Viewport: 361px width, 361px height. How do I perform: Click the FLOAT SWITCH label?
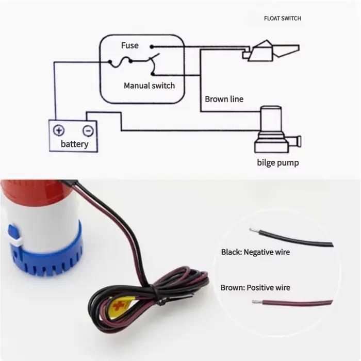[283, 19]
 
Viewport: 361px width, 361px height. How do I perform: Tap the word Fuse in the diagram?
[130, 45]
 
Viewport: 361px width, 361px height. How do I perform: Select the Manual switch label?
[149, 86]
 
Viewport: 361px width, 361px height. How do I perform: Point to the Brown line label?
[224, 99]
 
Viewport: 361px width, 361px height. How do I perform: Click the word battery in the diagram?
[75, 144]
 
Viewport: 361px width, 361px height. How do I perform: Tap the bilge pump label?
[278, 162]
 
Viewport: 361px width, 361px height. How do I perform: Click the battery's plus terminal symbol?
[59, 130]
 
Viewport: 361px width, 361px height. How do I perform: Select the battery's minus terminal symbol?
[88, 131]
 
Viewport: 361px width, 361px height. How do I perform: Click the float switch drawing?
[271, 51]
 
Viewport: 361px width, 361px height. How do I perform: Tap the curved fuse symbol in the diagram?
[120, 62]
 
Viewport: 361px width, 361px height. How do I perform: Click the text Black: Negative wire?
[255, 252]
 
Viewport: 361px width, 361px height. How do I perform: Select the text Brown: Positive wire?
[255, 288]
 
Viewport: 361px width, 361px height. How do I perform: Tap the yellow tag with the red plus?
[120, 306]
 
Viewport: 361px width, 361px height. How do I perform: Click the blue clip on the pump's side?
[14, 233]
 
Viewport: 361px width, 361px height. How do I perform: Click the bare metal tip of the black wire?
[254, 230]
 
